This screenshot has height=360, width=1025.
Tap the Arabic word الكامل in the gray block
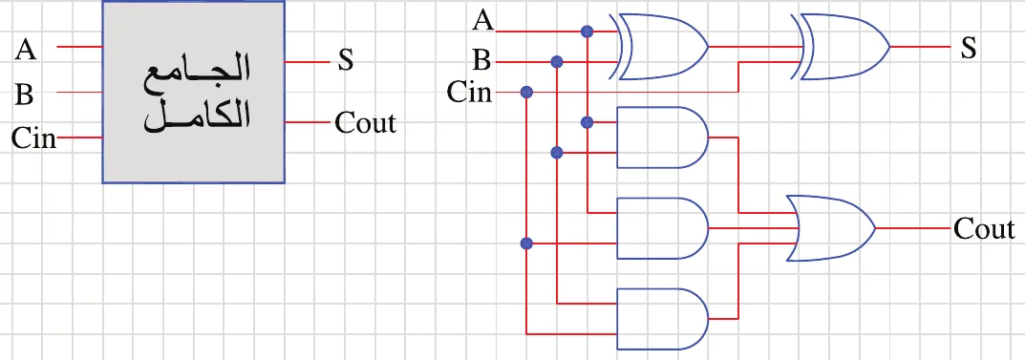pyautogui.click(x=197, y=117)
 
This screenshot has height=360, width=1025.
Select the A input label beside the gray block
pyautogui.click(x=26, y=49)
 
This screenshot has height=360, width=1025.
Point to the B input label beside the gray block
pyautogui.click(x=24, y=95)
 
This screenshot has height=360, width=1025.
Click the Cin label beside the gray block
pyautogui.click(x=33, y=138)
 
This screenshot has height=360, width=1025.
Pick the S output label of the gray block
pyautogui.click(x=345, y=61)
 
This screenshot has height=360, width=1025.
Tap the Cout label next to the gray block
pyautogui.click(x=366, y=122)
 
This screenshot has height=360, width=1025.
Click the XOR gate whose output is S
pyautogui.click(x=842, y=47)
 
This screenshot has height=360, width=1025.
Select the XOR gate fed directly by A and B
pyautogui.click(x=660, y=47)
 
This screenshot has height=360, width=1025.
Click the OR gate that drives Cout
pyautogui.click(x=831, y=228)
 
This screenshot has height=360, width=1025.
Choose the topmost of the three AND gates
pyautogui.click(x=662, y=138)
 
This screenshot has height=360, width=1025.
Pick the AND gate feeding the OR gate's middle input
pyautogui.click(x=662, y=228)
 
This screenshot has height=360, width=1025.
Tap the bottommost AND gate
pyautogui.click(x=662, y=319)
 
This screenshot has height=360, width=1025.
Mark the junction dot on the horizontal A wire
pyautogui.click(x=587, y=31)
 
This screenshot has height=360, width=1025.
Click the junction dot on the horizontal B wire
pyautogui.click(x=557, y=62)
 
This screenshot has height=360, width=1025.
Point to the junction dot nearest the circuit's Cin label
pyautogui.click(x=526, y=92)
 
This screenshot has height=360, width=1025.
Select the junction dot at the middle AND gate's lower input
pyautogui.click(x=526, y=244)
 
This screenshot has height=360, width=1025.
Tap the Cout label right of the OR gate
pyautogui.click(x=984, y=229)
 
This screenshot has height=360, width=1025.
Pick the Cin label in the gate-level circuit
pyautogui.click(x=469, y=93)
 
